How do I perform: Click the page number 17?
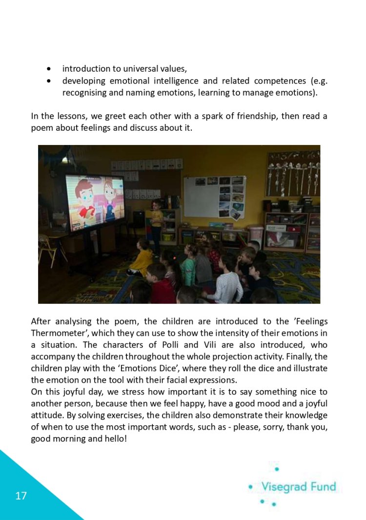(21, 496)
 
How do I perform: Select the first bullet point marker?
(48, 69)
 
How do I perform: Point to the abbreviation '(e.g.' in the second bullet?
(317, 81)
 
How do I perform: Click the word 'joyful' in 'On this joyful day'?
(80, 392)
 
